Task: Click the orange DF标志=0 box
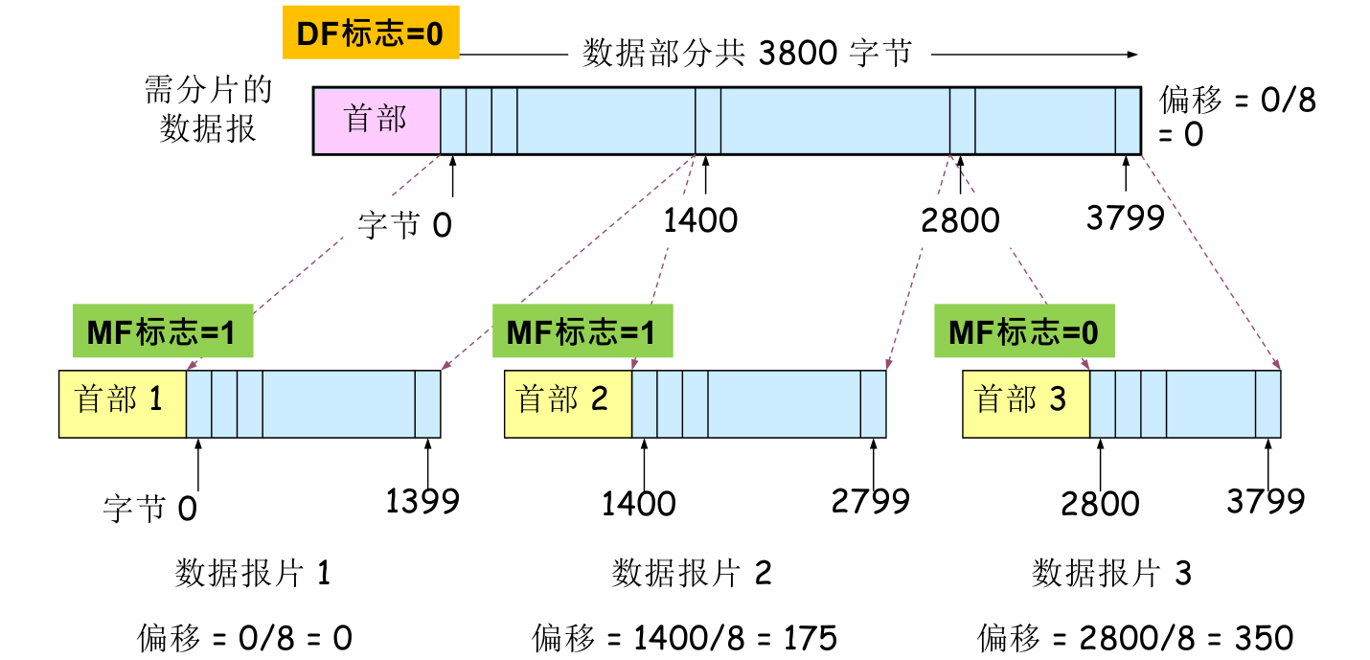370,35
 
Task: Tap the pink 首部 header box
377,120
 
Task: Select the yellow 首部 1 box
122,400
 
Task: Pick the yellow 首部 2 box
567,400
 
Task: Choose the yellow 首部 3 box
1025,400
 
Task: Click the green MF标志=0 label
1024,331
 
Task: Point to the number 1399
422,500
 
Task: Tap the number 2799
871,500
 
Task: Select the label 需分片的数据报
208,109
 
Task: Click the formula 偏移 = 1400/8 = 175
684,637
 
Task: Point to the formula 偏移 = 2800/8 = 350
1135,637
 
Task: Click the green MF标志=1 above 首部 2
582,331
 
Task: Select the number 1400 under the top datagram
700,220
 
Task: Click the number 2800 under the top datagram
960,220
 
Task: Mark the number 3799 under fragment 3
1266,500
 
